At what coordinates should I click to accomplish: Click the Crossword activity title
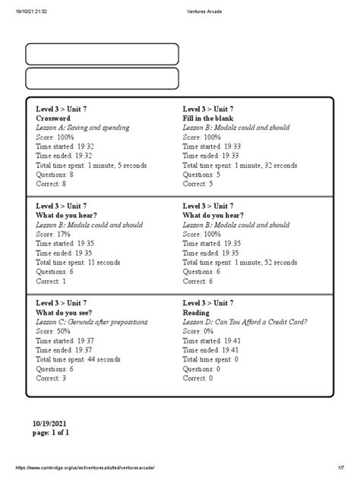[53, 119]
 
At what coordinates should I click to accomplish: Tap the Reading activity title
[196, 312]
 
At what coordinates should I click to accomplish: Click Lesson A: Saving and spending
[83, 128]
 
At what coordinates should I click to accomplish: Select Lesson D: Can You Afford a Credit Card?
[245, 322]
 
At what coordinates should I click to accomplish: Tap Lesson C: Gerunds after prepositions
[92, 322]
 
